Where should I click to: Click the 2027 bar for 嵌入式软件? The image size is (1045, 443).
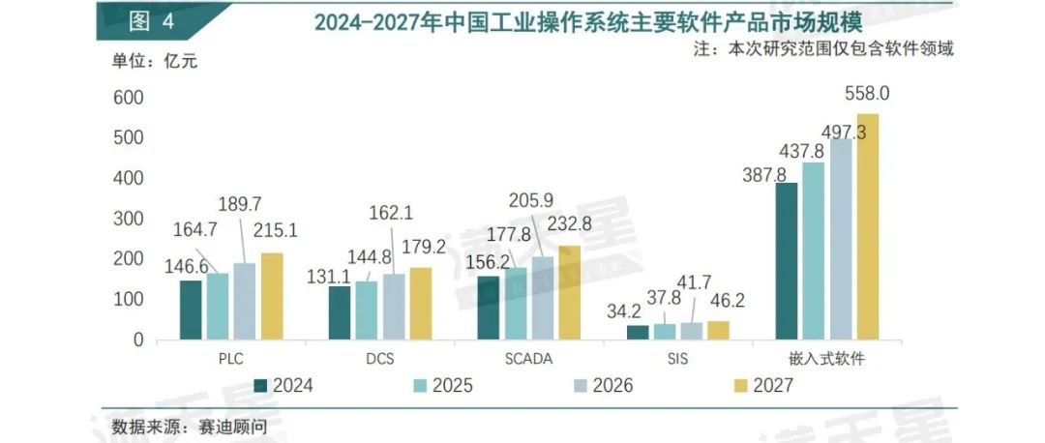(868, 226)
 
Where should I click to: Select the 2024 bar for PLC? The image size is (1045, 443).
(191, 310)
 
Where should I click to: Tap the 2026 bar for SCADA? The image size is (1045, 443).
(543, 298)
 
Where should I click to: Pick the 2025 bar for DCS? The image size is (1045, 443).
(366, 310)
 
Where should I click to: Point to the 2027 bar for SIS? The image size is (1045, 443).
(718, 331)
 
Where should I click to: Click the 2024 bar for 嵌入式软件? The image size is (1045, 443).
(787, 261)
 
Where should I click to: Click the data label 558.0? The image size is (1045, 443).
(867, 95)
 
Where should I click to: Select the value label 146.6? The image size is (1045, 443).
(188, 266)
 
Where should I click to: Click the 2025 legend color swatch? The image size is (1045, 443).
(421, 385)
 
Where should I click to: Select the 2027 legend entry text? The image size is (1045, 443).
(774, 385)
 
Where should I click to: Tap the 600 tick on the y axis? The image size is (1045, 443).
(128, 98)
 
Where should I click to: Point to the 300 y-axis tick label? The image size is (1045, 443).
(128, 220)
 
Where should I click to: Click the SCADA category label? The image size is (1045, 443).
(528, 359)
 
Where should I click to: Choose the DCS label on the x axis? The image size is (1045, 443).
(380, 359)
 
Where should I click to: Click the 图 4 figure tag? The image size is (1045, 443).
(151, 21)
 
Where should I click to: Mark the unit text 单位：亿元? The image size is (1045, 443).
(155, 61)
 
